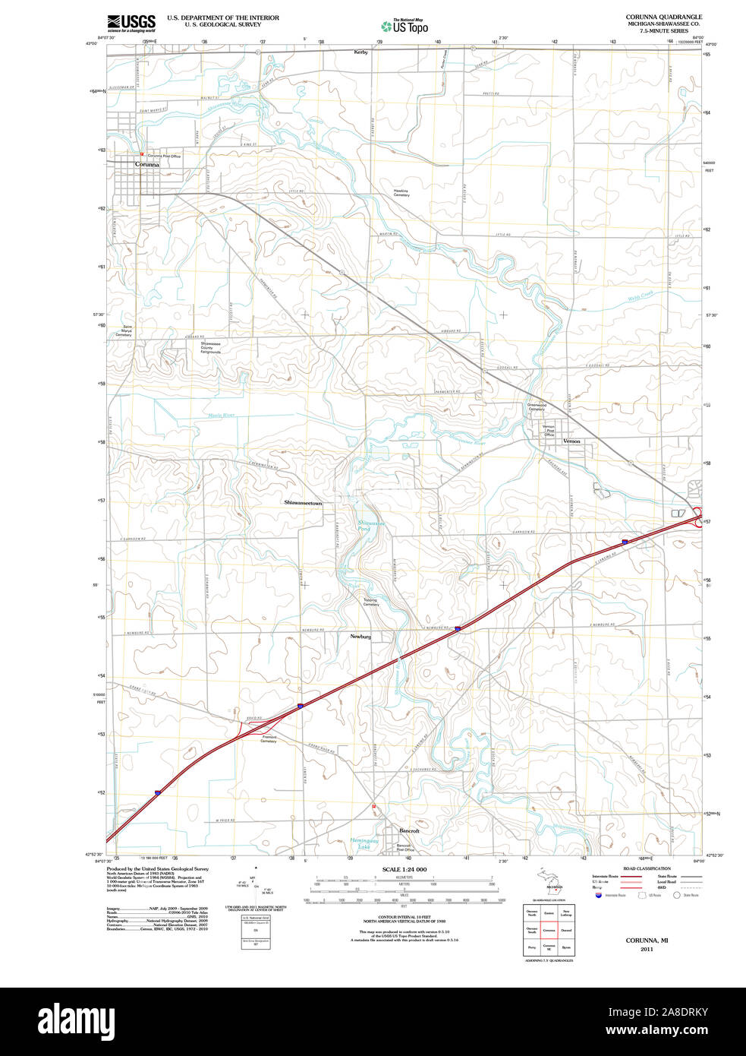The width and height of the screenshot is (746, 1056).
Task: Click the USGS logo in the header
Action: point(131,22)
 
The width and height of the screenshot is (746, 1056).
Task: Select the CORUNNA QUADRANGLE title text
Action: point(663,17)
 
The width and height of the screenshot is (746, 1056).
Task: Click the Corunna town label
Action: point(147,164)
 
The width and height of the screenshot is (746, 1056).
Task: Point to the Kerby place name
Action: point(360,52)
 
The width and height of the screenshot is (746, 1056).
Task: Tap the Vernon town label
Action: point(571,441)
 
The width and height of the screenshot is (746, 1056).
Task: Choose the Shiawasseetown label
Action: point(303,503)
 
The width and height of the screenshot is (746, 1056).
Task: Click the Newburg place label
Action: point(360,636)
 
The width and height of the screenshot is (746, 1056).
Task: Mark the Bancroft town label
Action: point(409,830)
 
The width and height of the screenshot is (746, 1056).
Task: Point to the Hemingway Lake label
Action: point(364,843)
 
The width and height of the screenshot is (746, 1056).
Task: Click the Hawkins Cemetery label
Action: point(401,193)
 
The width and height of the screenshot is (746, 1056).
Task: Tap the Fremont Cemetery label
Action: point(269,738)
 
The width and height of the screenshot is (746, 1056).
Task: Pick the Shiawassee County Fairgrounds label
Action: point(211,348)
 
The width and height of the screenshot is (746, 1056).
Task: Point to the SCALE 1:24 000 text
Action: point(404,869)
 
